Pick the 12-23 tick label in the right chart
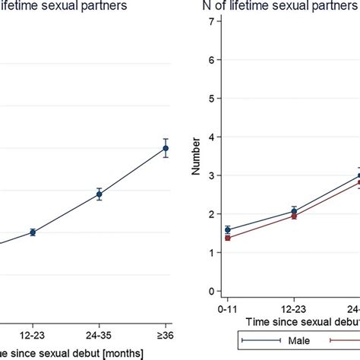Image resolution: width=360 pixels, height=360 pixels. click(x=293, y=311)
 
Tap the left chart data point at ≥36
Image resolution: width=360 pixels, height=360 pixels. click(x=166, y=148)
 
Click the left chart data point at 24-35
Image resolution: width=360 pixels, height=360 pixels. click(x=99, y=194)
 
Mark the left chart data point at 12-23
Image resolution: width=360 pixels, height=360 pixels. click(x=32, y=232)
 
